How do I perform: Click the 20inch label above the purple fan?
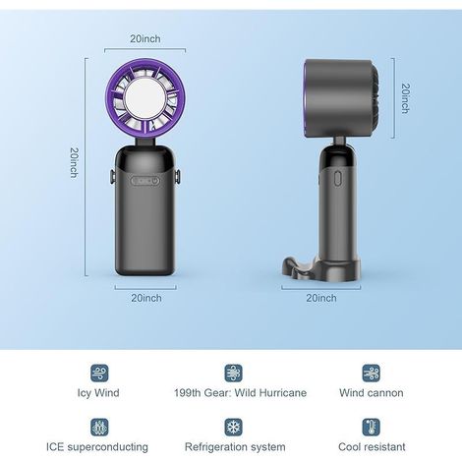coord(145,38)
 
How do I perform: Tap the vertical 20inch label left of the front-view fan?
coord(75,162)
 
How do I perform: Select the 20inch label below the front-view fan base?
coord(146,298)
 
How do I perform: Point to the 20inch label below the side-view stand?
coord(321,298)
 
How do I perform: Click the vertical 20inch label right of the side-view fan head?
coord(405,98)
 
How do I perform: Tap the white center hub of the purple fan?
coord(144,98)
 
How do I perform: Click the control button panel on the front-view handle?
coord(144,181)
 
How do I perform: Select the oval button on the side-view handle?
coord(337,179)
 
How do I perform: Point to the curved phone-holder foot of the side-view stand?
coord(298,268)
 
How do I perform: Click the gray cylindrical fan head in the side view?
coord(341,98)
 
